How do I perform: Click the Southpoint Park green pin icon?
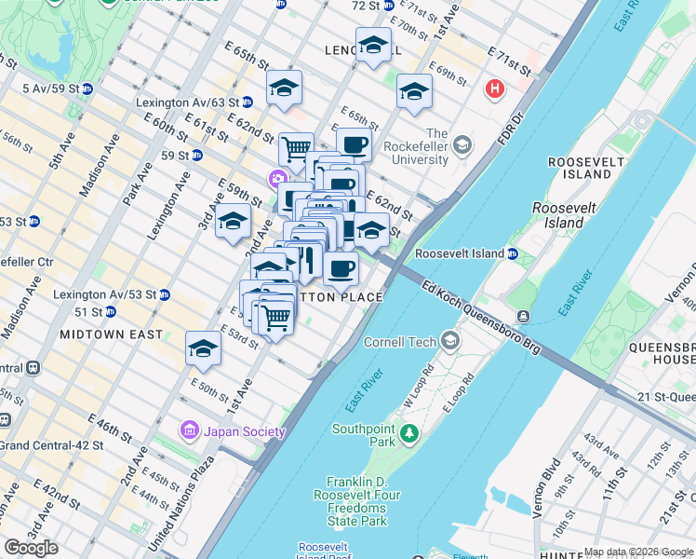tap(407, 433)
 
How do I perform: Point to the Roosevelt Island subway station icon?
tap(513, 253)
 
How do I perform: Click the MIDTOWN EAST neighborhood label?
tap(111, 334)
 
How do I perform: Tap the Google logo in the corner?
tap(31, 548)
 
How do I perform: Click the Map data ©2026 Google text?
tap(638, 552)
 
